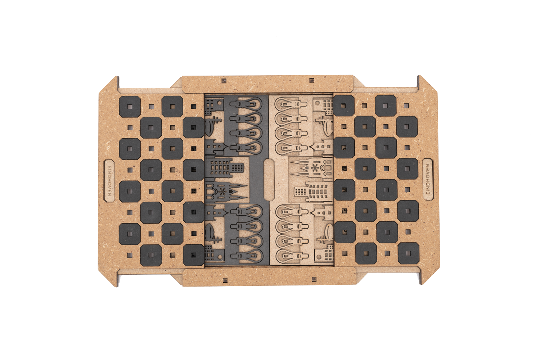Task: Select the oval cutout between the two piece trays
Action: [x=269, y=179]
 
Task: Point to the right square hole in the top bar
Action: [x=312, y=80]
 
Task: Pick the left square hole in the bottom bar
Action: [x=225, y=280]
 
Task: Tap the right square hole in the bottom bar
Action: [x=314, y=279]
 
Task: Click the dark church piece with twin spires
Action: [x=226, y=192]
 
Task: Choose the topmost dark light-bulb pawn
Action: [x=246, y=104]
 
